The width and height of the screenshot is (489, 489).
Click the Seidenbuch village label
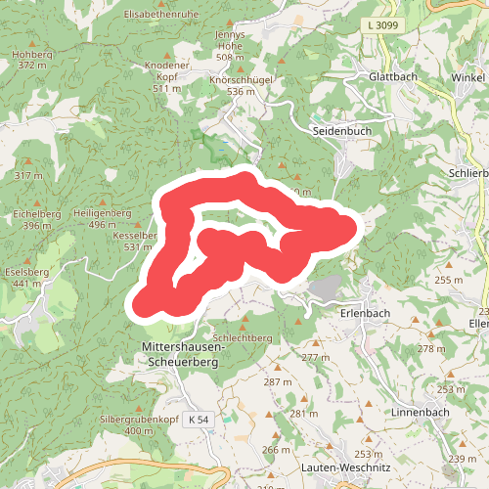point(342,130)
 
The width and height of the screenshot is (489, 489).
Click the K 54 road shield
point(199,420)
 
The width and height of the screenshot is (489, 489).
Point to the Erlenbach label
point(366,313)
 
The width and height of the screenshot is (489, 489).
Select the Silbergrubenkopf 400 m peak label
point(139,424)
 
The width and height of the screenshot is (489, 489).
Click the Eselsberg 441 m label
point(26,277)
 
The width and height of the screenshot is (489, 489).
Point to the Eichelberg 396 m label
point(37,219)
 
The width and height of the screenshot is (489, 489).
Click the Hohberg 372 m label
point(32,60)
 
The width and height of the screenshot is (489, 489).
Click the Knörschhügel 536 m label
point(247,84)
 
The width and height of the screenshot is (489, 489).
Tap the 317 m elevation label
point(30,176)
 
